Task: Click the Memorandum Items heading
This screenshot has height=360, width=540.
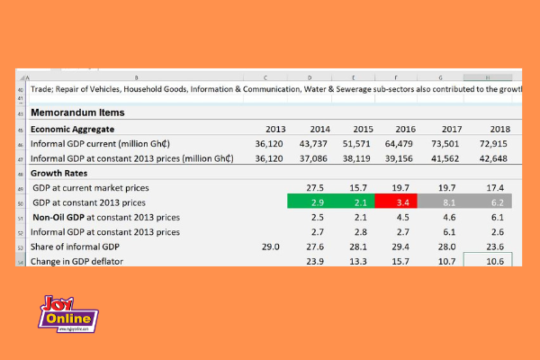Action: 77,112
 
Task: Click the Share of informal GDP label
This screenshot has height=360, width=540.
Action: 75,246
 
